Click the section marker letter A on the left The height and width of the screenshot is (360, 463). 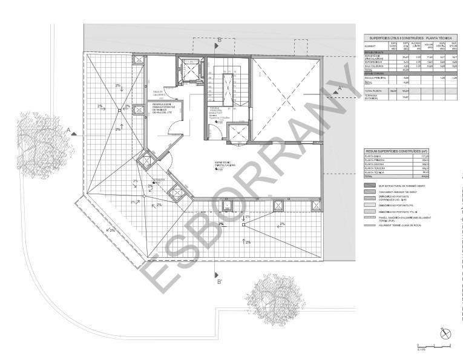pos(70,129)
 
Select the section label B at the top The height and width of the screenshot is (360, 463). pos(219,40)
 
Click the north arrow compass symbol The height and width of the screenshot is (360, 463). pos(445,333)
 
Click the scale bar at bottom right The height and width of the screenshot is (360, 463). pos(433,346)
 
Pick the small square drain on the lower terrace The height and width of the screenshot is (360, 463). pos(243,224)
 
